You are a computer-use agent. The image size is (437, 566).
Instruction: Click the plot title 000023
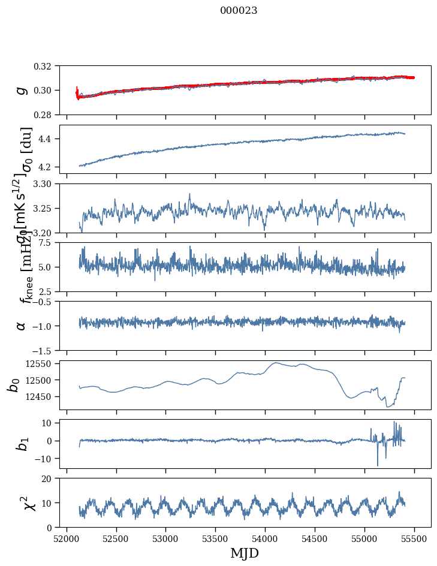pos(239,10)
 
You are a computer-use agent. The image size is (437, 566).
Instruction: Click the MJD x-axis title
pos(245,553)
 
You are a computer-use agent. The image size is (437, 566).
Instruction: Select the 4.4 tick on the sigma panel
pos(49,139)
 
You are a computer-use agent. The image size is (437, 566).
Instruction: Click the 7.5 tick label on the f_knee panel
pos(49,242)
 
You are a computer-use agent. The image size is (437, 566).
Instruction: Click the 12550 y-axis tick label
pos(41,363)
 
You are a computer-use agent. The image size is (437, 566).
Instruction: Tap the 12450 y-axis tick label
pos(41,396)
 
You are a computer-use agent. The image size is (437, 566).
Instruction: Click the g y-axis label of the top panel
pos(22,90)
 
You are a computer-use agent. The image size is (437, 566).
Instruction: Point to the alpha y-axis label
pos(22,326)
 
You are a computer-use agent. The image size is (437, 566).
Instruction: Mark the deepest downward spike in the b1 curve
pos(378,465)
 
